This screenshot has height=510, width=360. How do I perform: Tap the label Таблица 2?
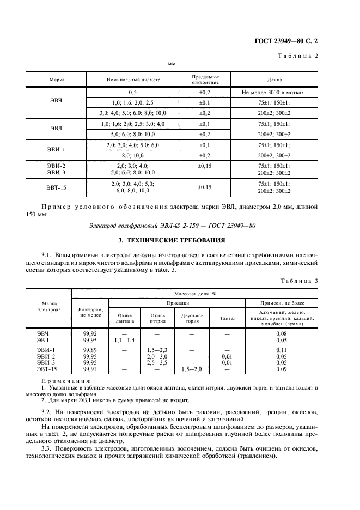(x=298, y=56)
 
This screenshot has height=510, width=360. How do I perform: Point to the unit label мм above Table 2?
(x=172, y=64)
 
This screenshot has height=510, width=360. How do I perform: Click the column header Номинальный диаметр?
(x=133, y=80)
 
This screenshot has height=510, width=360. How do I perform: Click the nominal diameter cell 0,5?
(x=133, y=93)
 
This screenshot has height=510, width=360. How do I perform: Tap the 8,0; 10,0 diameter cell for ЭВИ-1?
(x=133, y=155)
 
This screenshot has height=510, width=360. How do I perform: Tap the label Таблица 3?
(x=298, y=280)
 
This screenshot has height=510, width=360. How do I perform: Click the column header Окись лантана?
(x=125, y=318)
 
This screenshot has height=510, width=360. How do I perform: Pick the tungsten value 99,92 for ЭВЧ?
(x=90, y=332)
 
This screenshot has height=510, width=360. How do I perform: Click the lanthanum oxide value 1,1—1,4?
(x=125, y=339)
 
